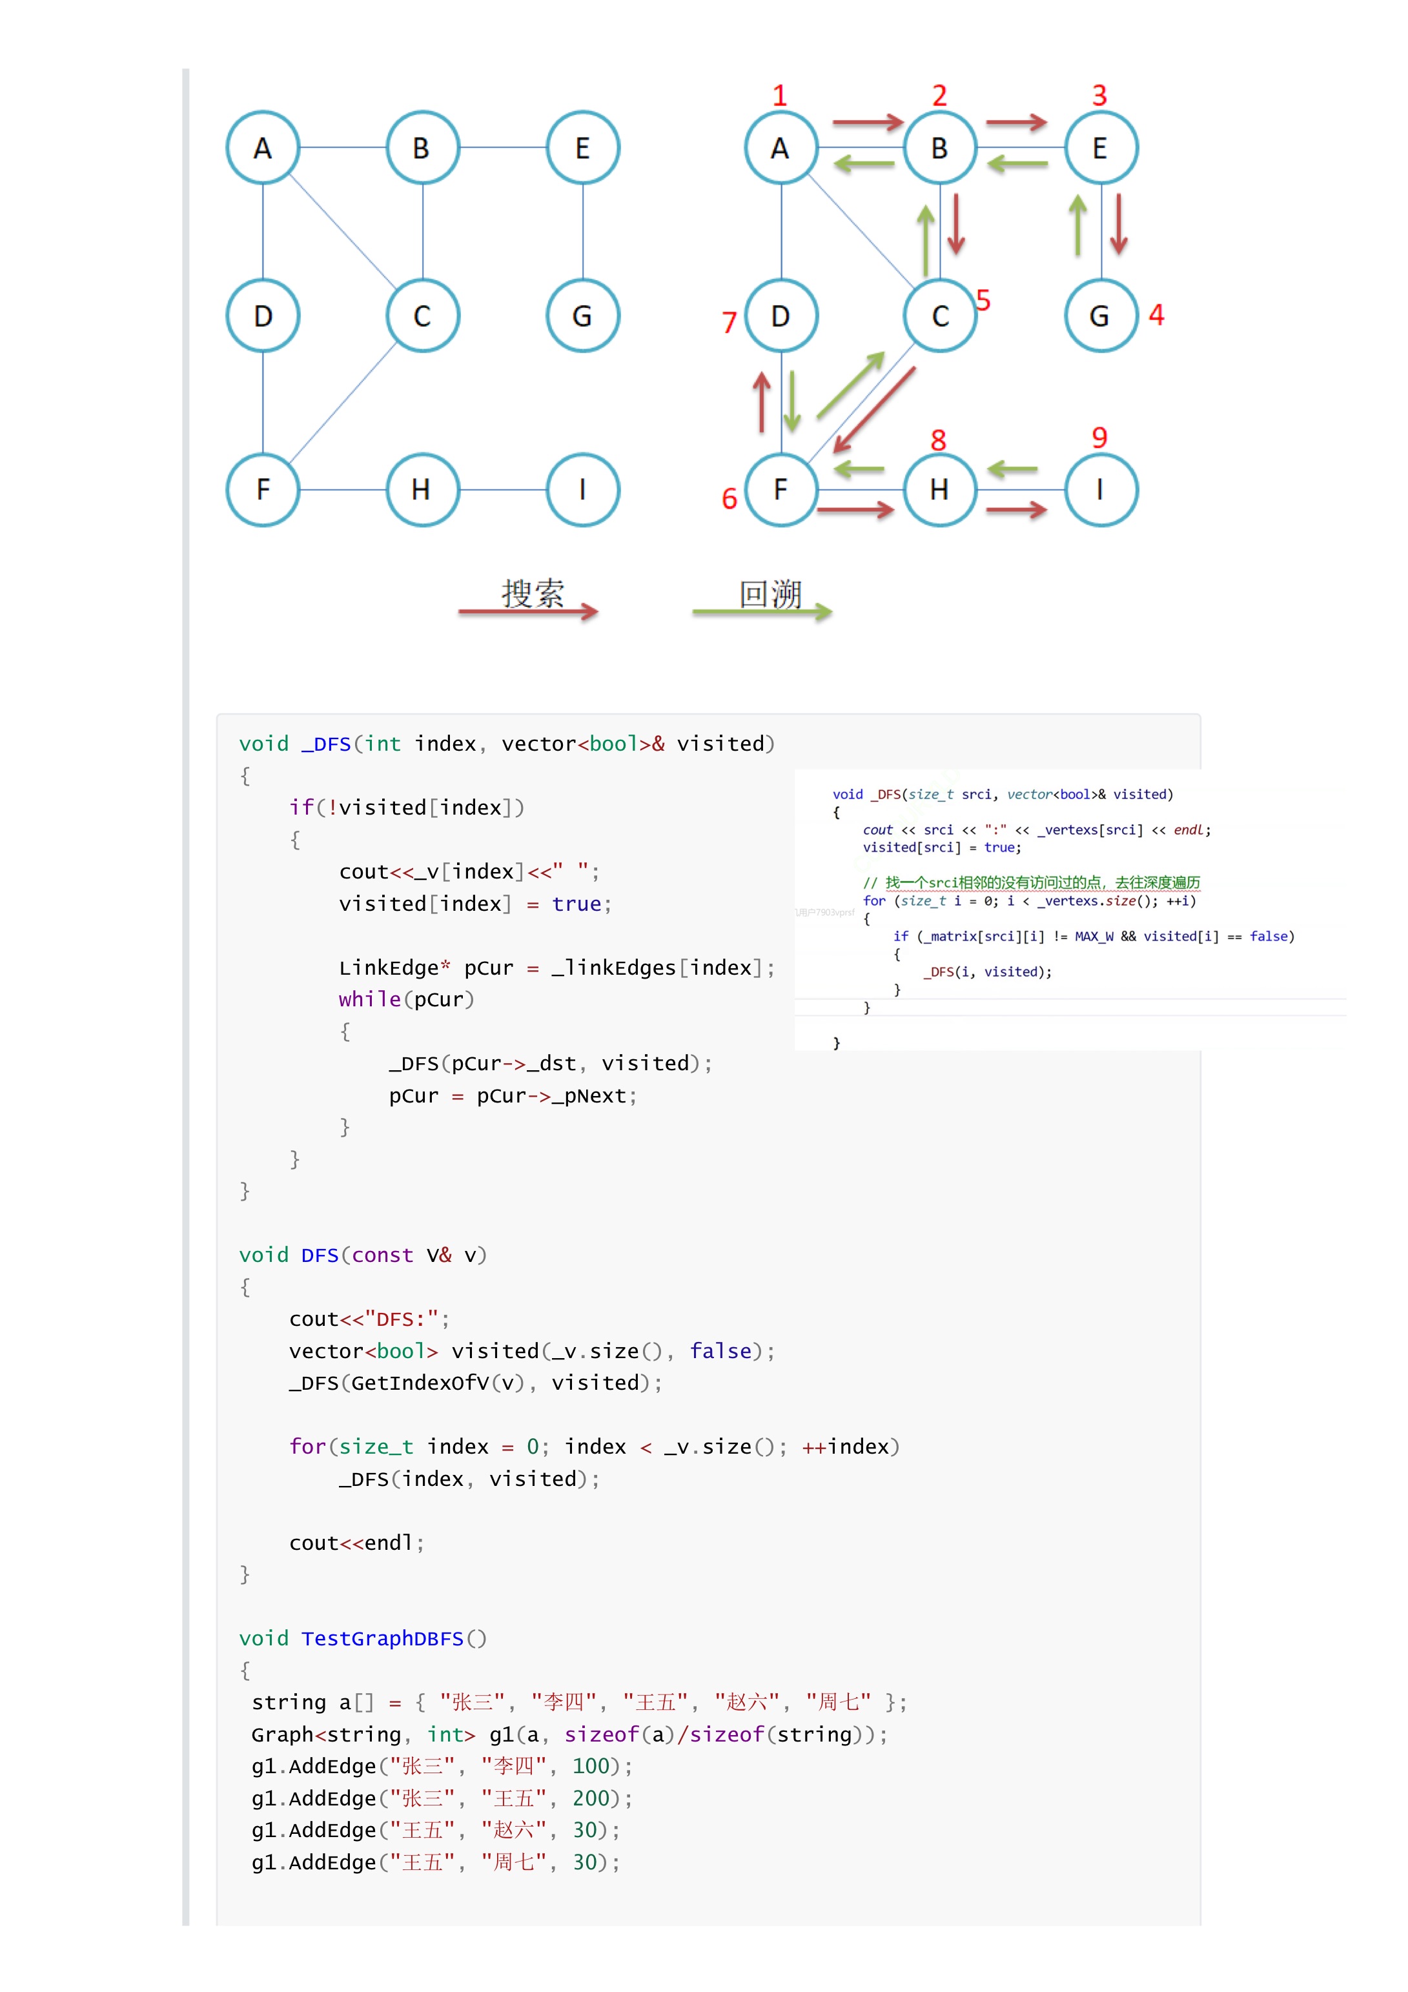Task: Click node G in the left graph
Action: pos(582,316)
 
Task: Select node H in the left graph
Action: pos(422,490)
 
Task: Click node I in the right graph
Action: pos(1100,490)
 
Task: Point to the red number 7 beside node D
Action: pos(729,323)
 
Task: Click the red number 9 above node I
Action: pos(1099,437)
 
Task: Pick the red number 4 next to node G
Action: pos(1156,315)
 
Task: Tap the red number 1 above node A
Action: pos(779,96)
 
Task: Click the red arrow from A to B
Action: pos(868,123)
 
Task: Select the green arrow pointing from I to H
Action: pos(1012,470)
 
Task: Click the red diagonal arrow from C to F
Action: pos(875,409)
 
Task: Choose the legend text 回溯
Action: pos(770,595)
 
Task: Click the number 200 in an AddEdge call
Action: pos(591,1798)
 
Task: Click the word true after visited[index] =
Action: pos(576,904)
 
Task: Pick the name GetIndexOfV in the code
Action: pos(420,1383)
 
